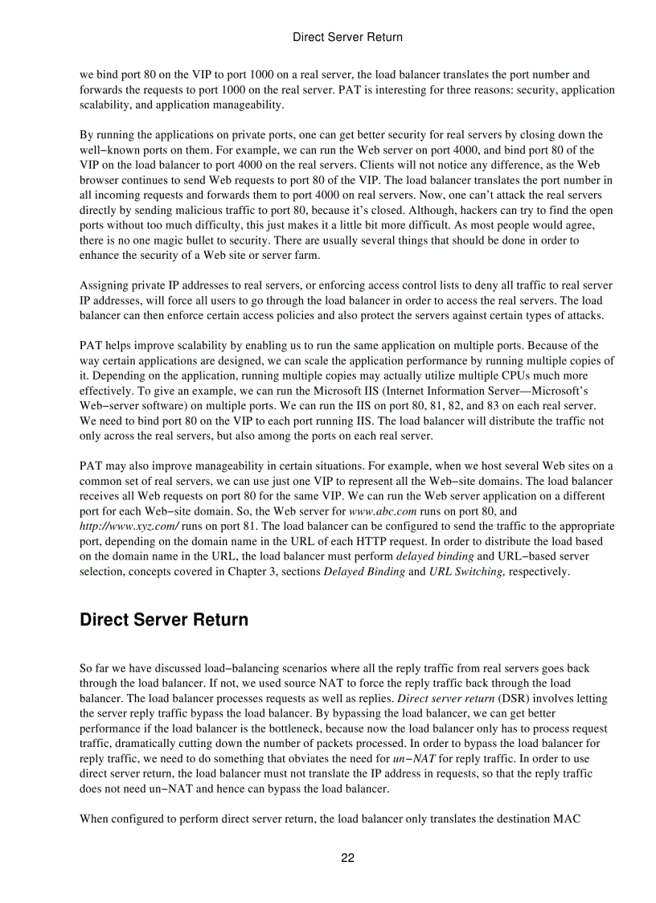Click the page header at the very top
(347, 37)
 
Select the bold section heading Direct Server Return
(164, 620)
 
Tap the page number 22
(347, 858)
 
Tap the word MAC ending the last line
(598, 819)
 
